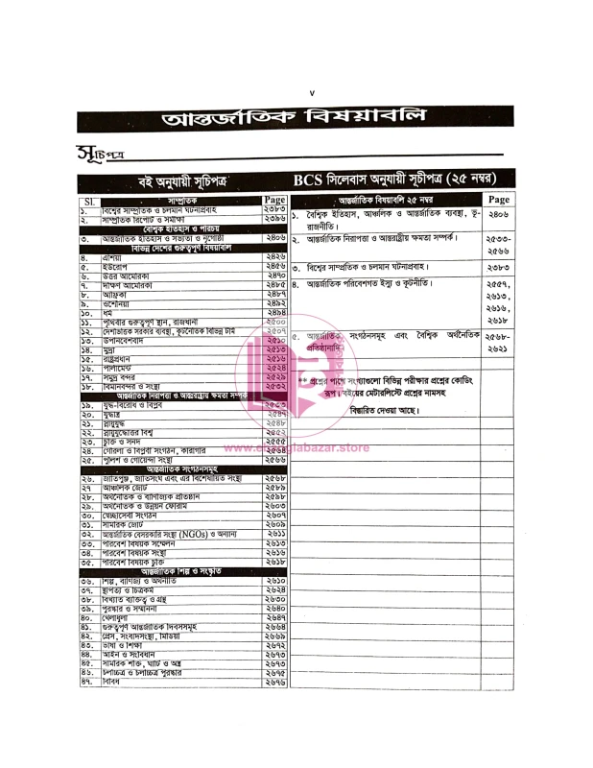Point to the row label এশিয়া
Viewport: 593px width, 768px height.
(x=115, y=257)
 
